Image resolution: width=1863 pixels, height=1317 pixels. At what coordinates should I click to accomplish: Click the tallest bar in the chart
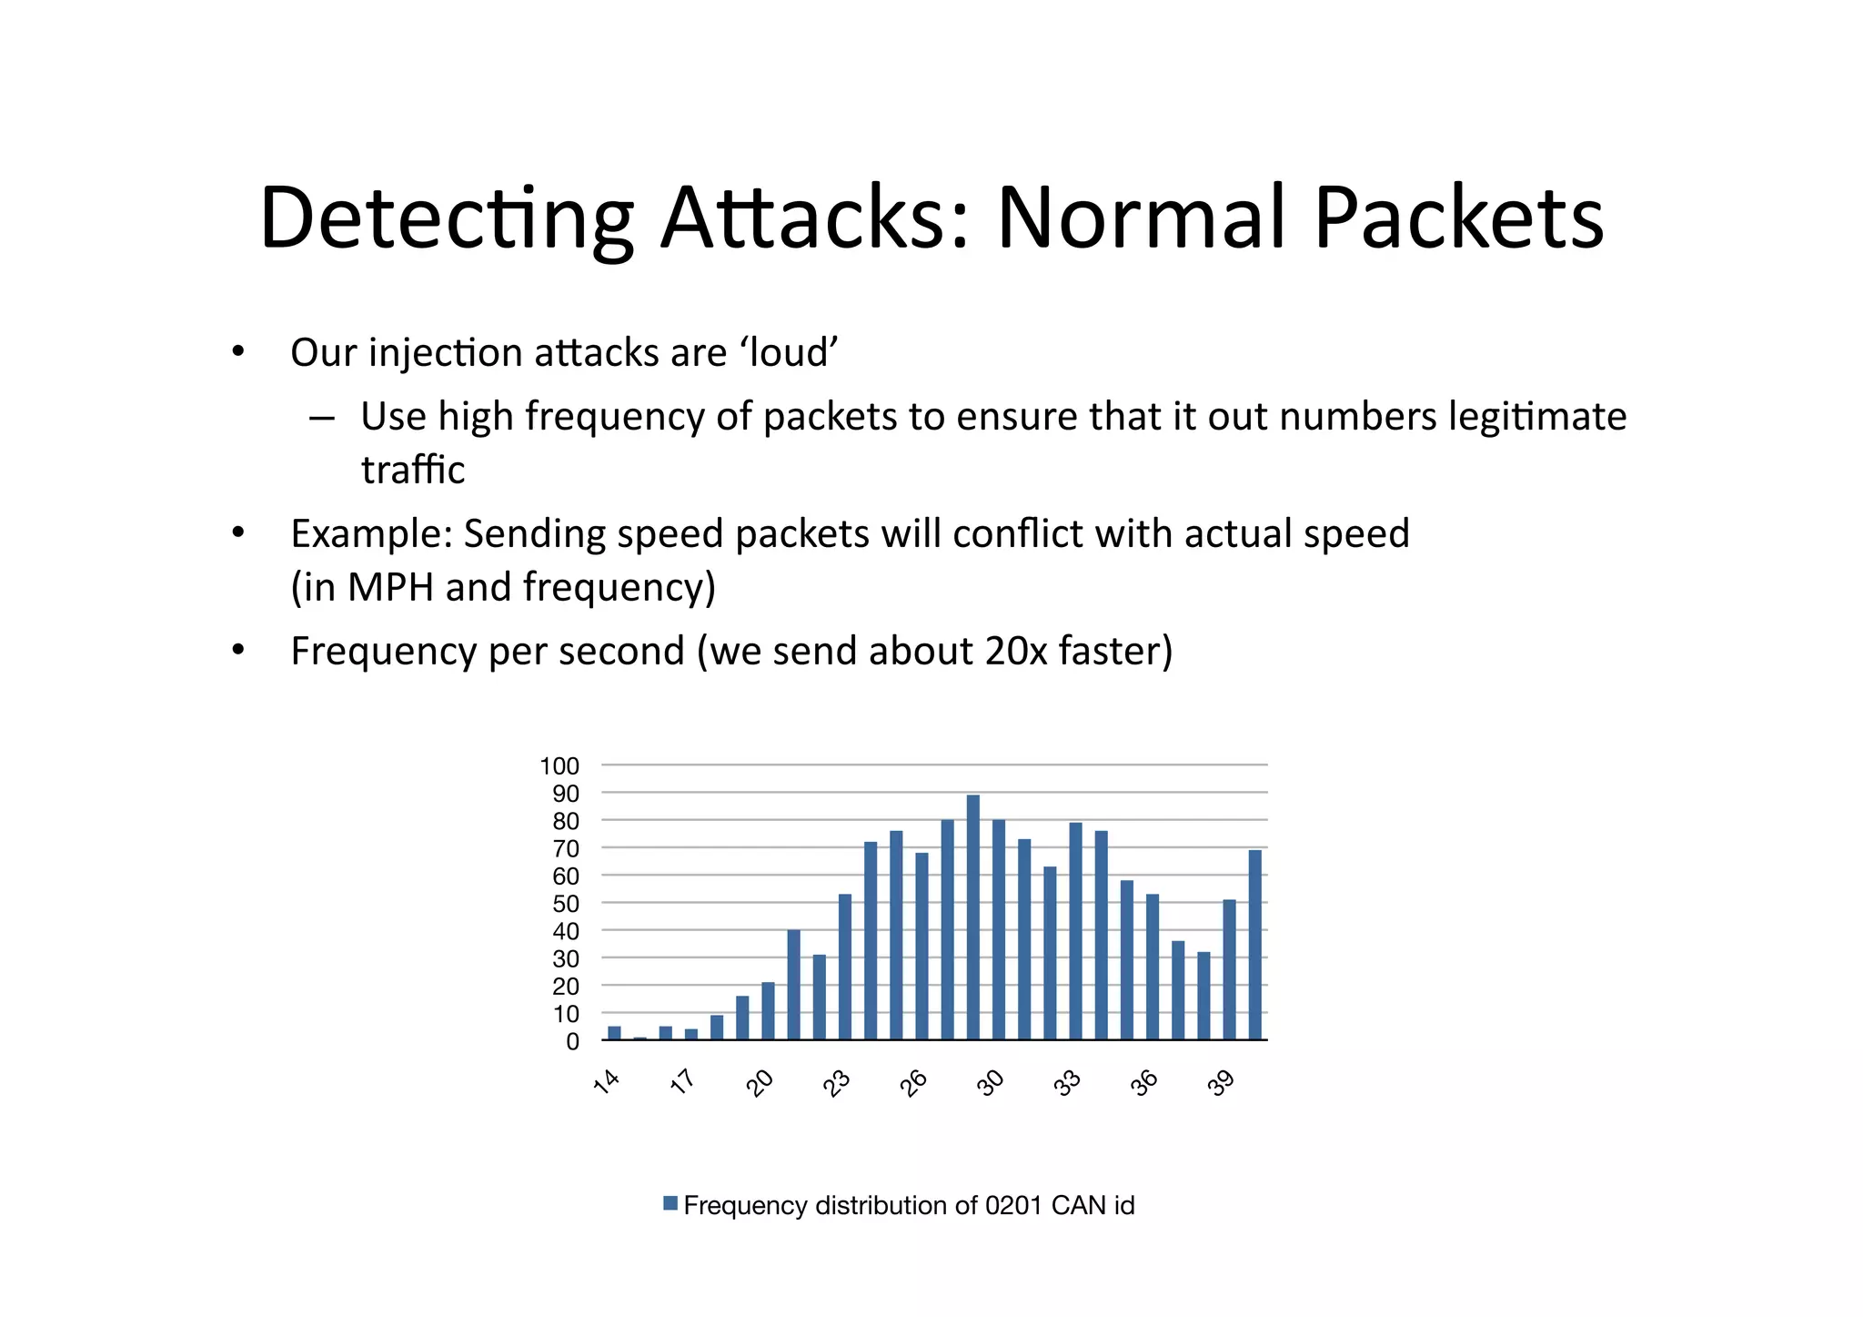tap(972, 917)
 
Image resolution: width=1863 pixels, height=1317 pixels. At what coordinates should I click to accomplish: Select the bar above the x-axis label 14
tap(614, 1033)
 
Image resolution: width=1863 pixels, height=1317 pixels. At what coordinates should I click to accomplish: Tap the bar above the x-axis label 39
tap(1229, 969)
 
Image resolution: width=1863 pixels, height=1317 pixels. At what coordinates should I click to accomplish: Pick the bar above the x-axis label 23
tap(845, 967)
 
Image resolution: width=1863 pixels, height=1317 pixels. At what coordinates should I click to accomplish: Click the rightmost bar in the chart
tap(1254, 945)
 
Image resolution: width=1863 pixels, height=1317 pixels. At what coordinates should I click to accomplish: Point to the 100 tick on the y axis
tap(559, 766)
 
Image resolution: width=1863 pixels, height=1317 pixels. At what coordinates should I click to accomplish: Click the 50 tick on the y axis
tap(566, 904)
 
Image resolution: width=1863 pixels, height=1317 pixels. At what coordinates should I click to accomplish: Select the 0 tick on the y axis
tap(572, 1041)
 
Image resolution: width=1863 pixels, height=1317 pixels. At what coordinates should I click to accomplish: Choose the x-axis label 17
tap(683, 1081)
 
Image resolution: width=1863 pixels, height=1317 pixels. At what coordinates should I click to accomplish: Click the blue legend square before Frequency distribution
tap(670, 1203)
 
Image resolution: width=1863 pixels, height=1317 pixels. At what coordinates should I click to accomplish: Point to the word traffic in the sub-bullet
tap(412, 470)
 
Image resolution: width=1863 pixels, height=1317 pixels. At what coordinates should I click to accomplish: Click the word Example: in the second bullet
tap(371, 534)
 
